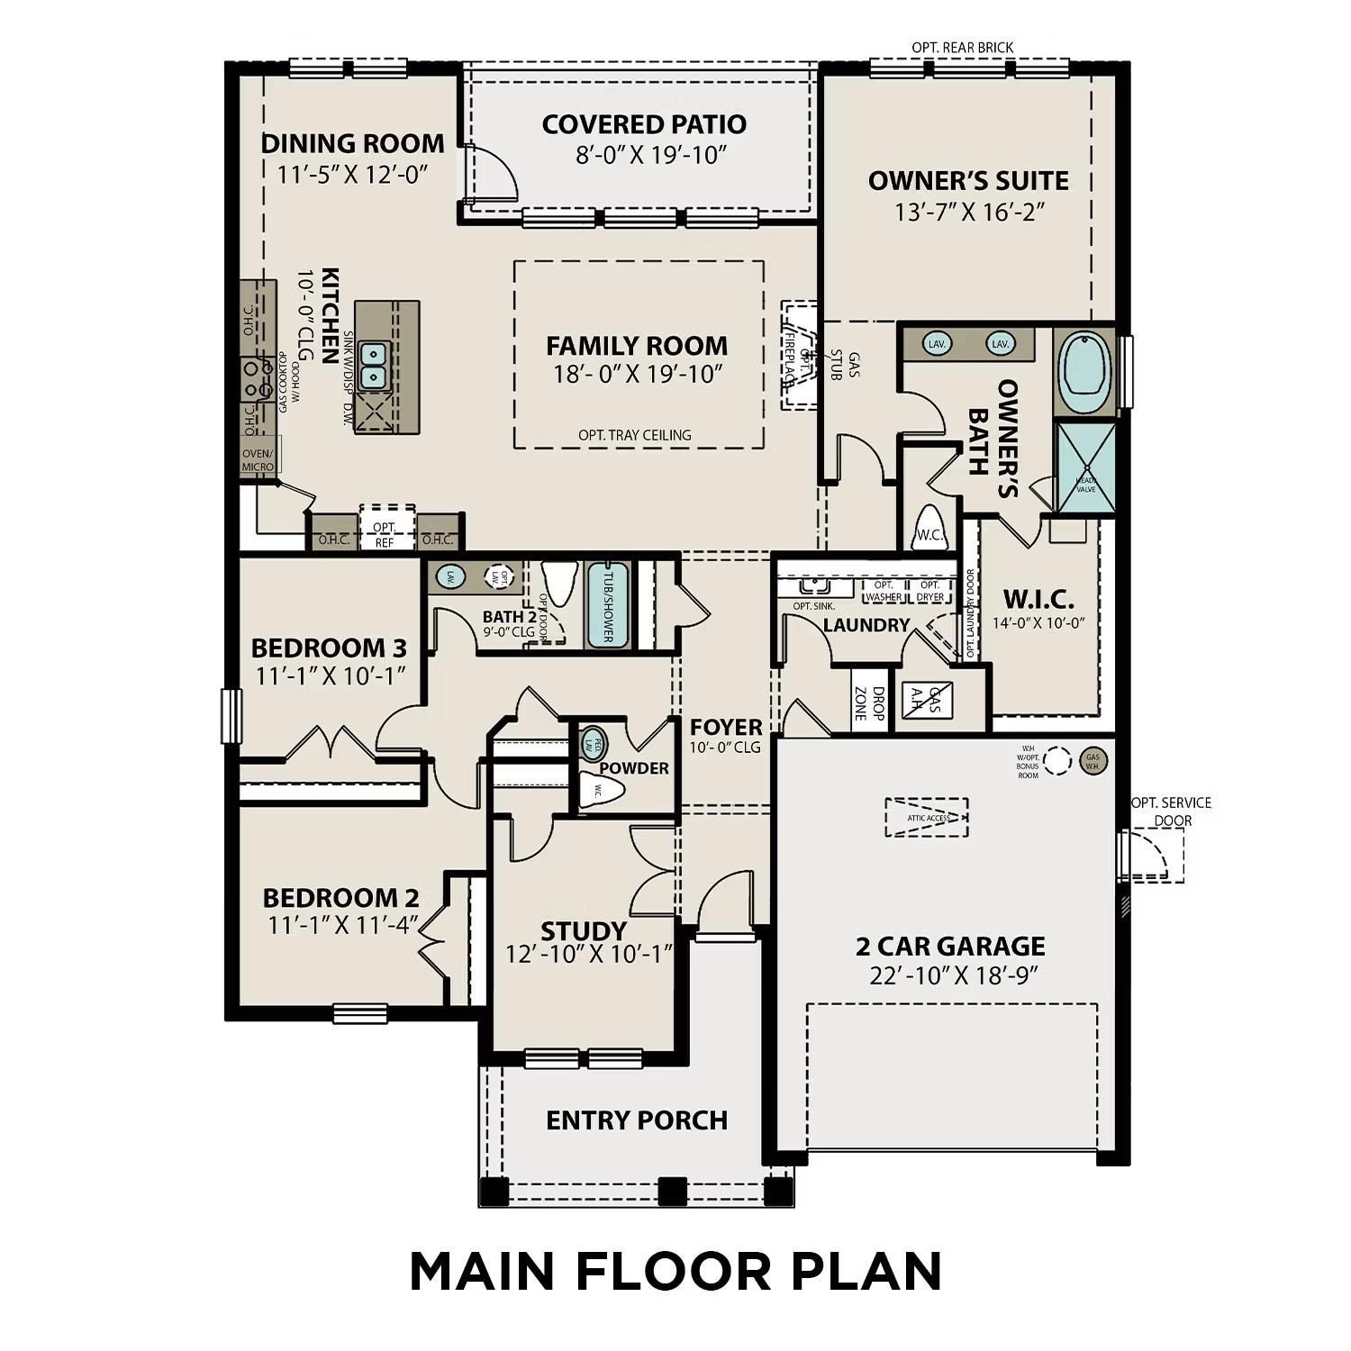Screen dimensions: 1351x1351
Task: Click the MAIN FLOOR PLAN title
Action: tap(675, 1271)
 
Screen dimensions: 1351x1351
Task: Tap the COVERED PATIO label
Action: tap(644, 124)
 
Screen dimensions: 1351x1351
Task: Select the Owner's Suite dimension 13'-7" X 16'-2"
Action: tap(968, 212)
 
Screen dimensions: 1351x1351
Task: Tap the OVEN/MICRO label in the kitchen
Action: tap(258, 460)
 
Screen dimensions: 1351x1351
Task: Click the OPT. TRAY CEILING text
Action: tap(635, 435)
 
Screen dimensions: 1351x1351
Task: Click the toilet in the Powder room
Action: tap(602, 793)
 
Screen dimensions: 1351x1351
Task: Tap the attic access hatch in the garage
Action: tap(927, 817)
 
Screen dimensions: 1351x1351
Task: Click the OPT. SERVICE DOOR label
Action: tap(1171, 811)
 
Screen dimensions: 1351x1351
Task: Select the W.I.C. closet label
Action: tap(1038, 600)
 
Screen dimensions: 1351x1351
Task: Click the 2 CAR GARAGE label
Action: tap(950, 946)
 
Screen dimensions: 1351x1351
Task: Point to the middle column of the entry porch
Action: tap(672, 1191)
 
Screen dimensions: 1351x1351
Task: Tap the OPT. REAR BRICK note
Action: tap(962, 47)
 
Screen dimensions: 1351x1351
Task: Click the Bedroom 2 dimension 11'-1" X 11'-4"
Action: tap(342, 925)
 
